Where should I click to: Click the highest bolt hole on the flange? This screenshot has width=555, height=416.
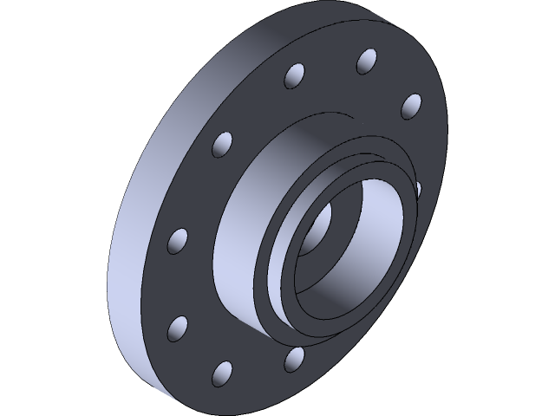pyautogui.click(x=367, y=61)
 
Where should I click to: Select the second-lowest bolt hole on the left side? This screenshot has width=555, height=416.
pyautogui.click(x=178, y=328)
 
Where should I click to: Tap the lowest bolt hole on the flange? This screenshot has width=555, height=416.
pyautogui.click(x=223, y=373)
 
